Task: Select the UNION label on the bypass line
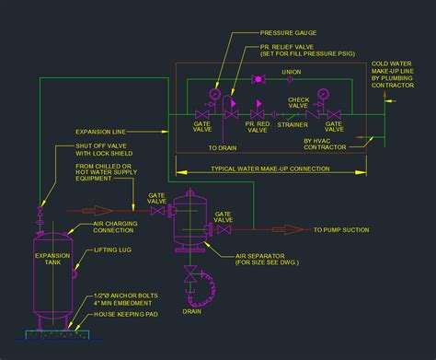coord(292,72)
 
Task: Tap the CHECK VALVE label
coord(298,99)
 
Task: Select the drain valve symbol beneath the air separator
coord(191,273)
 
